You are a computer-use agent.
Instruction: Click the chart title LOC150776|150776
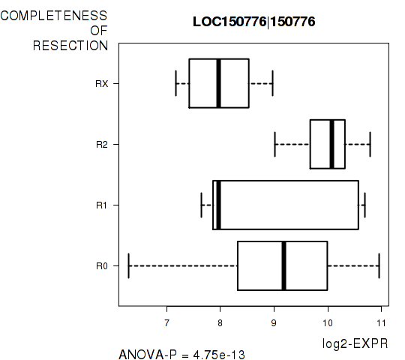(254, 22)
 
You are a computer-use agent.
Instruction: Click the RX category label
(102, 84)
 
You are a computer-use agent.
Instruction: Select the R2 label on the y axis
(102, 145)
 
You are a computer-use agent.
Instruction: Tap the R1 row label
(101, 205)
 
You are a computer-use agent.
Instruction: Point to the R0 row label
(102, 266)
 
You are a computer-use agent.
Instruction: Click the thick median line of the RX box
(218, 83)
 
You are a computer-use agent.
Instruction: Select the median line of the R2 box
(332, 144)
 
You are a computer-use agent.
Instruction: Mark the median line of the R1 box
(218, 205)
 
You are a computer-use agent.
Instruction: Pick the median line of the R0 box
(283, 265)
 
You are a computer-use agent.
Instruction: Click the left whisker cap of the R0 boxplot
(129, 265)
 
